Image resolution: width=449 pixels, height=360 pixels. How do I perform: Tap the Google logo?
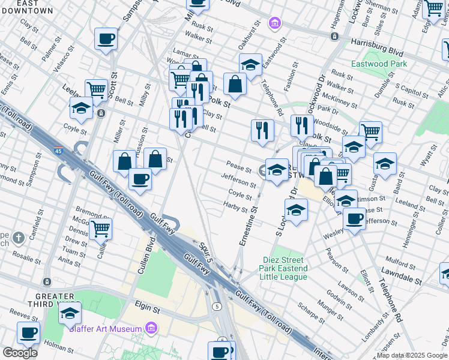point(20,352)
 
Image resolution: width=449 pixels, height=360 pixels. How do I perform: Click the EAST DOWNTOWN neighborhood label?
point(26,7)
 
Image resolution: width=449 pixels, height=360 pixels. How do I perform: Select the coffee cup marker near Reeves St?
point(29,332)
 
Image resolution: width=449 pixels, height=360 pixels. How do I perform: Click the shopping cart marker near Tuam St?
point(100,229)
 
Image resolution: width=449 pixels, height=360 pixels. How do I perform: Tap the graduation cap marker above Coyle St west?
point(81,108)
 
